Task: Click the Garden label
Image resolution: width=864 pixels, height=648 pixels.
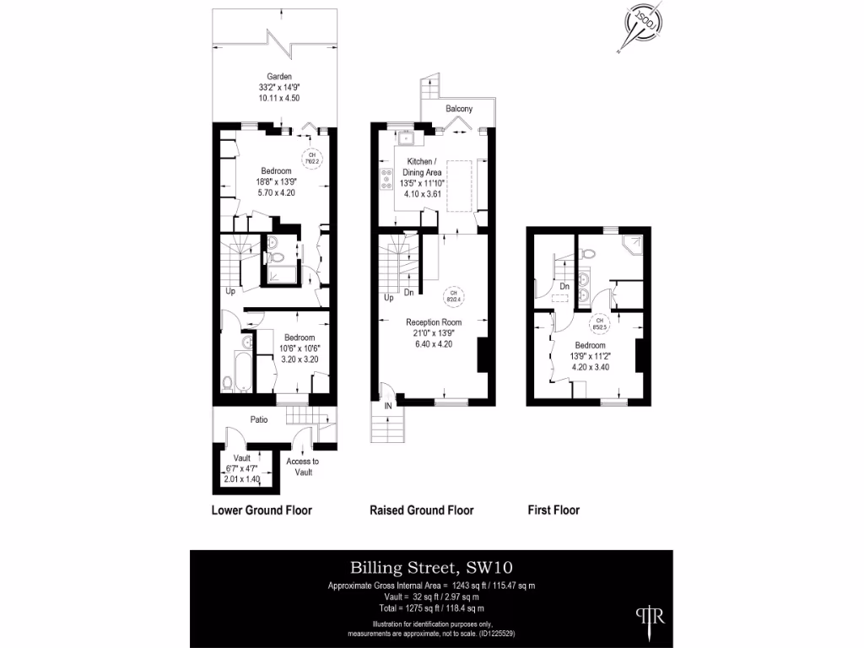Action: [279, 76]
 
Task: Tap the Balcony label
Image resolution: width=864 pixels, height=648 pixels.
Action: [459, 110]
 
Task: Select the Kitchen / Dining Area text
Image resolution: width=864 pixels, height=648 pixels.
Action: [423, 166]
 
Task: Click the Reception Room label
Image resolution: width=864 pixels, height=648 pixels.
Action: [434, 322]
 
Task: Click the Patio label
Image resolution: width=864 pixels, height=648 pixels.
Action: [258, 419]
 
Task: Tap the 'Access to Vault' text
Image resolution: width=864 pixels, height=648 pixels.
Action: [302, 467]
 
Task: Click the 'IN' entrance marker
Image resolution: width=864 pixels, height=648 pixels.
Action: [388, 407]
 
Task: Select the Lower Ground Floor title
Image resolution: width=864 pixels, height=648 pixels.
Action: [261, 510]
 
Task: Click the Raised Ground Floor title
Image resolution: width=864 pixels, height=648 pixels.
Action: [421, 510]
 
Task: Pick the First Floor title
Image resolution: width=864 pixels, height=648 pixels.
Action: [553, 510]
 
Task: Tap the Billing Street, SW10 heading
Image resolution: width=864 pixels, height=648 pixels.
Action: [431, 567]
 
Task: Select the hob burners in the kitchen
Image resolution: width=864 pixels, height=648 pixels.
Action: [387, 181]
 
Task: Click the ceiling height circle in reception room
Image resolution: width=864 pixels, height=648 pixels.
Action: [453, 295]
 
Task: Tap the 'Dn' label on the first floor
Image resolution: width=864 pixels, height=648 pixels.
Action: [564, 288]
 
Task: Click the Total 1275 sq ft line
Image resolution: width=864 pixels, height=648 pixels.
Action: [431, 607]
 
